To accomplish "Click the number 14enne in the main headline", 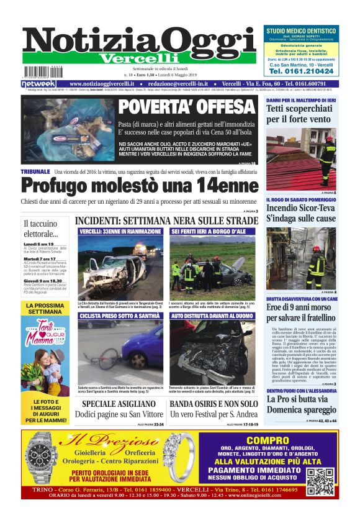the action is click(214, 186).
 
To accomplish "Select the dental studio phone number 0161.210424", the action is click(300, 71).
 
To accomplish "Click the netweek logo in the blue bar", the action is click(38, 83).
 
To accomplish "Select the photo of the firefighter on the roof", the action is click(301, 159).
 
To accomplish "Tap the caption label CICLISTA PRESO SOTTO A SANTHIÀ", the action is click(120, 316).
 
